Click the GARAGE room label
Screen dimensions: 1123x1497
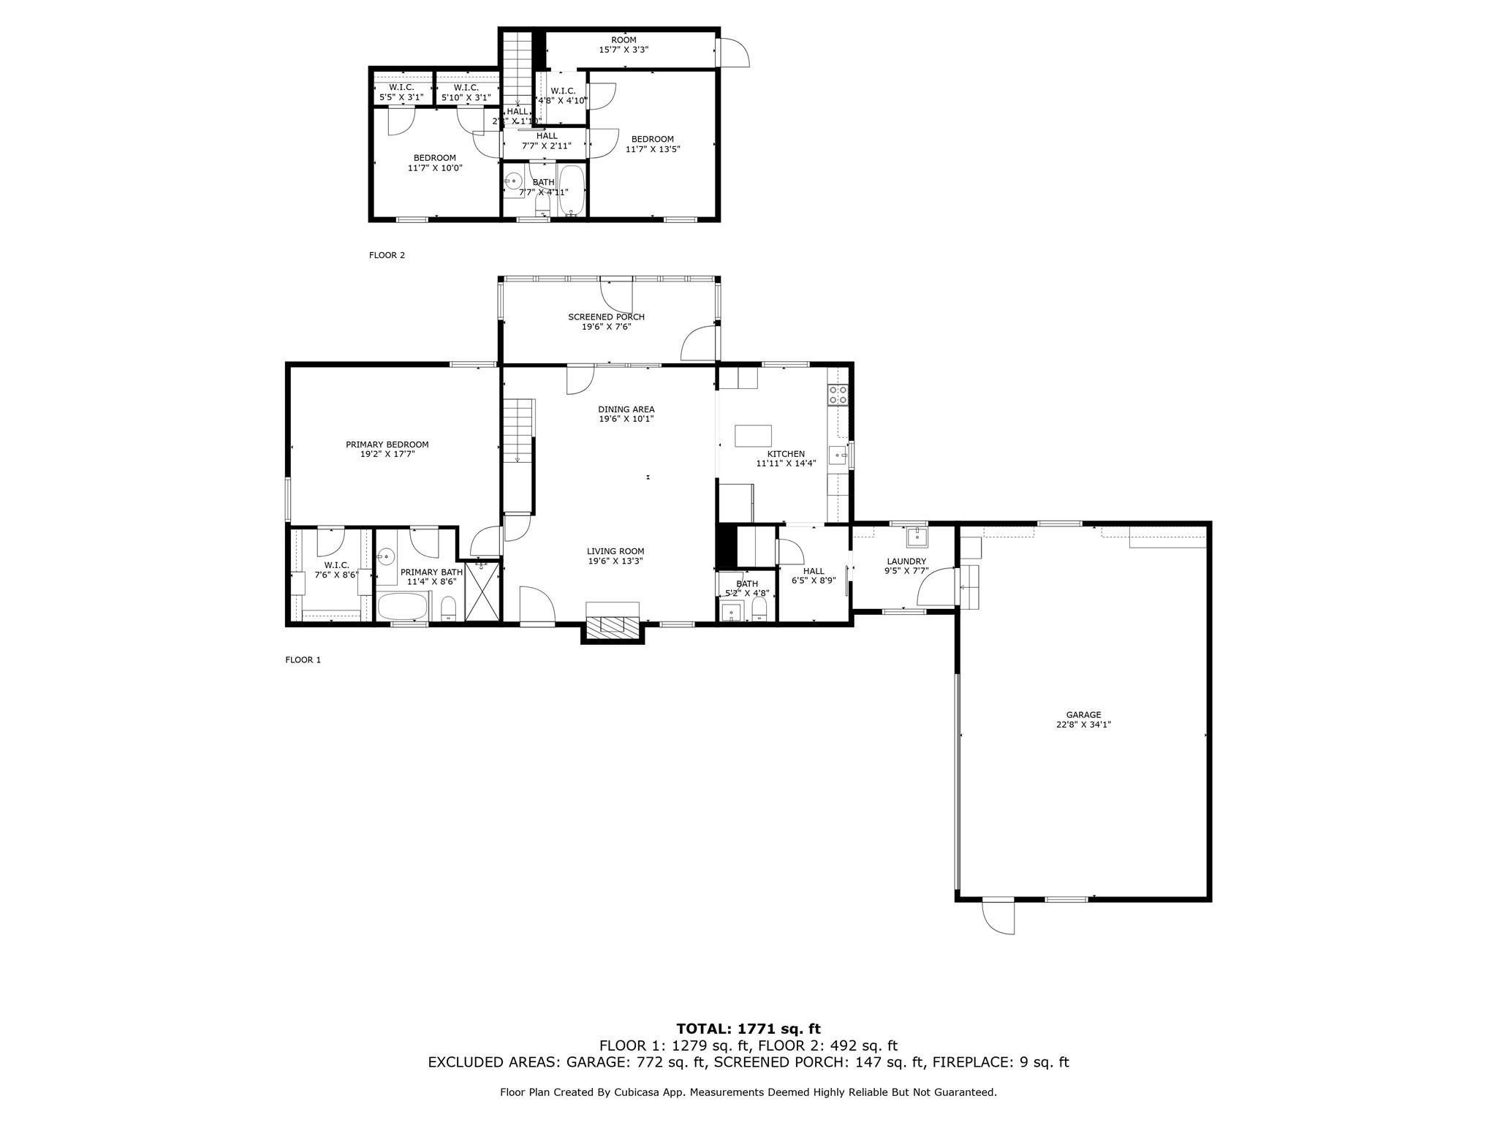click(x=1083, y=715)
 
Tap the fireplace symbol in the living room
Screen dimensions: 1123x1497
click(x=613, y=624)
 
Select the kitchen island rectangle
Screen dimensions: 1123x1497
click(x=753, y=436)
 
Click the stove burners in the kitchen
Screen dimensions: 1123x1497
click(x=838, y=396)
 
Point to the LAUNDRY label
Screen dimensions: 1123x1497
click(x=906, y=561)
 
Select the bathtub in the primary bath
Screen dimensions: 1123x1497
click(x=403, y=607)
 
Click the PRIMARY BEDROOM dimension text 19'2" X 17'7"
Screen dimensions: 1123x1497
click(x=387, y=454)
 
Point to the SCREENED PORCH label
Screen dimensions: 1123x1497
click(x=606, y=317)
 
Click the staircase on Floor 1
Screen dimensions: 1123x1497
click(x=518, y=431)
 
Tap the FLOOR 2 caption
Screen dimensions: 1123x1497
click(x=387, y=255)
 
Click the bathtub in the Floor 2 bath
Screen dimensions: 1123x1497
click(x=571, y=190)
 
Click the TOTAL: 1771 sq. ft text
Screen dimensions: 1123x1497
click(x=748, y=1029)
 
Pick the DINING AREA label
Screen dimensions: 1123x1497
click(x=626, y=409)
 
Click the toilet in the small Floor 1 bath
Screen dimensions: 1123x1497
click(x=759, y=610)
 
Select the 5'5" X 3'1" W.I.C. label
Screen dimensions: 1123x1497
click(x=401, y=97)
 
